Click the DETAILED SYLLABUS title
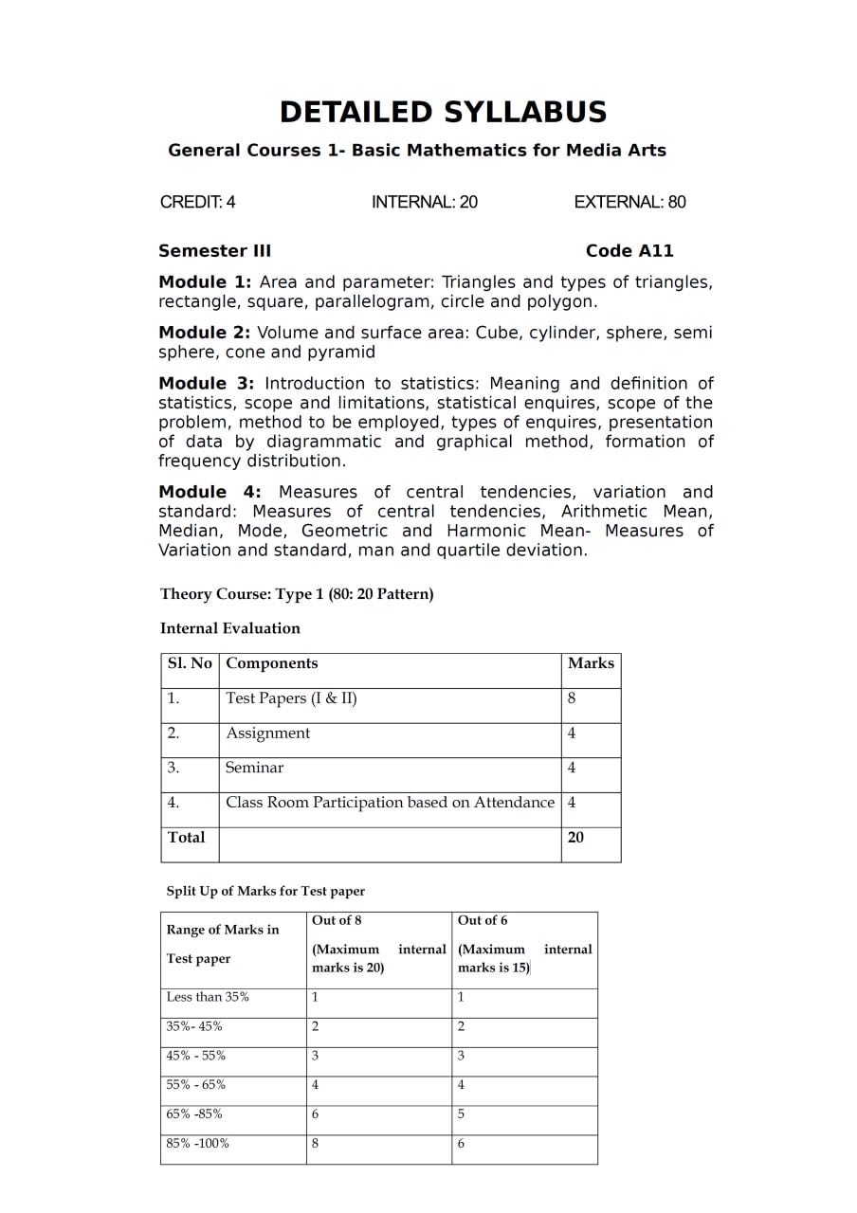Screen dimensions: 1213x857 click(443, 112)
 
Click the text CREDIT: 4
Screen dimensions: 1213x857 click(197, 202)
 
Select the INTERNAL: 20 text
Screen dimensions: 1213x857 click(424, 202)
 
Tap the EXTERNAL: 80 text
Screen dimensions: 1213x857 click(629, 202)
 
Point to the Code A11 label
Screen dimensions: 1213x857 click(629, 251)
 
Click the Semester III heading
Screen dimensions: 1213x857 click(214, 251)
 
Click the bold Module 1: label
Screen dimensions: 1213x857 click(205, 282)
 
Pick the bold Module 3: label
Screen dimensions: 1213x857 click(207, 384)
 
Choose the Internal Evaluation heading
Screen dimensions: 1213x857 click(230, 628)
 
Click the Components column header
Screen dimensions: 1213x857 click(272, 663)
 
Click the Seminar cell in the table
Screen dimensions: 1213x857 click(254, 768)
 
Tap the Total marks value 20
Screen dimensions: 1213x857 click(575, 837)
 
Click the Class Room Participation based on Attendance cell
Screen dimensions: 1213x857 click(390, 803)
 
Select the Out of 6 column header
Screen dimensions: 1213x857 click(483, 920)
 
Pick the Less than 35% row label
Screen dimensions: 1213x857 click(208, 997)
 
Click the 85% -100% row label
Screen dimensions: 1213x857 click(198, 1143)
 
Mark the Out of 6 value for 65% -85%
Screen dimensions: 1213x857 click(462, 1113)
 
